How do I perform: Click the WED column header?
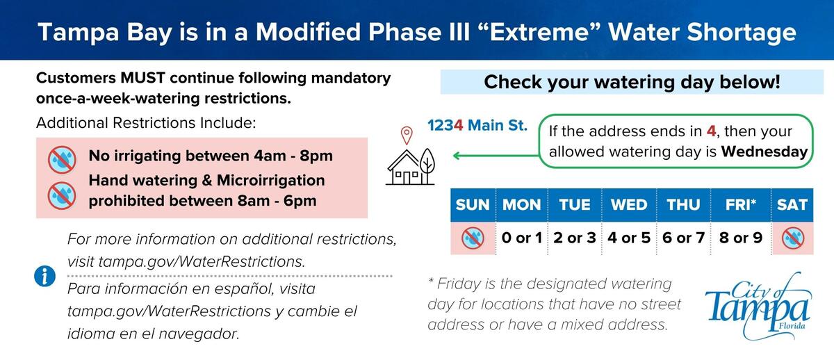629,205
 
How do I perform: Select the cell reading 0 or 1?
522,238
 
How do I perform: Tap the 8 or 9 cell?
741,238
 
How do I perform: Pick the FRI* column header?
741,205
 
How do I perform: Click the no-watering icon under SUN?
473,238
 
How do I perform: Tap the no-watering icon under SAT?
793,238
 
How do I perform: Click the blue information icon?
44,276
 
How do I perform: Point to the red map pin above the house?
407,136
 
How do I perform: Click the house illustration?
410,167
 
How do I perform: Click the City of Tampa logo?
758,306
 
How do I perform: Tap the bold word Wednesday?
764,152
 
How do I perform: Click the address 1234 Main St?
477,126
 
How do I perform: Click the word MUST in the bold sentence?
142,78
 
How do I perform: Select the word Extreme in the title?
539,32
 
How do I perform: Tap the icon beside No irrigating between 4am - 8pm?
62,159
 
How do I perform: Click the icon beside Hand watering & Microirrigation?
62,195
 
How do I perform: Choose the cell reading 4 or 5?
629,238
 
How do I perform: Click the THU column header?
683,205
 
